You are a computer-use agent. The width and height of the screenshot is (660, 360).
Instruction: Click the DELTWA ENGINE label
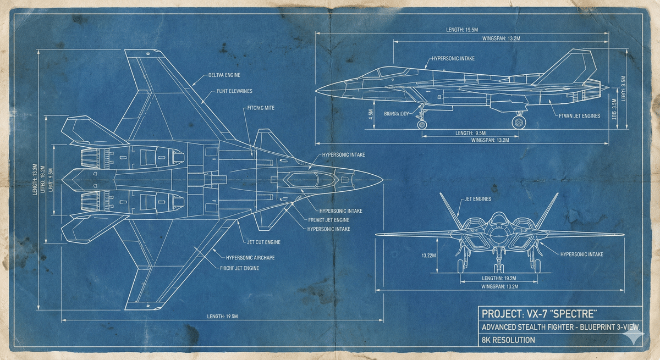tap(224, 75)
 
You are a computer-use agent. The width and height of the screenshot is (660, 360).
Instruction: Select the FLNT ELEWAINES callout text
tap(229, 91)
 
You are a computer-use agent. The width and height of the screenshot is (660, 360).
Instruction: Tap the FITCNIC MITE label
tap(261, 108)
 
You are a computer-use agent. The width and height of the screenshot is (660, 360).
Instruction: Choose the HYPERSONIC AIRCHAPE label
tap(251, 257)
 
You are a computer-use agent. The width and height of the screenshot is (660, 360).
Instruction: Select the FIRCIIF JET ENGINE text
tap(239, 268)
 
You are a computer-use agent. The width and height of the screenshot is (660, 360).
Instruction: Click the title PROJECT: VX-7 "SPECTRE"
tap(539, 314)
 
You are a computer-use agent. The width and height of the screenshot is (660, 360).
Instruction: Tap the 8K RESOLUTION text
tap(508, 340)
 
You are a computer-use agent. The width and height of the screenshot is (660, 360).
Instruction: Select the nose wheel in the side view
tap(422, 125)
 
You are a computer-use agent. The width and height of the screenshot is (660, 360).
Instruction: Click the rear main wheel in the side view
tap(518, 123)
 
